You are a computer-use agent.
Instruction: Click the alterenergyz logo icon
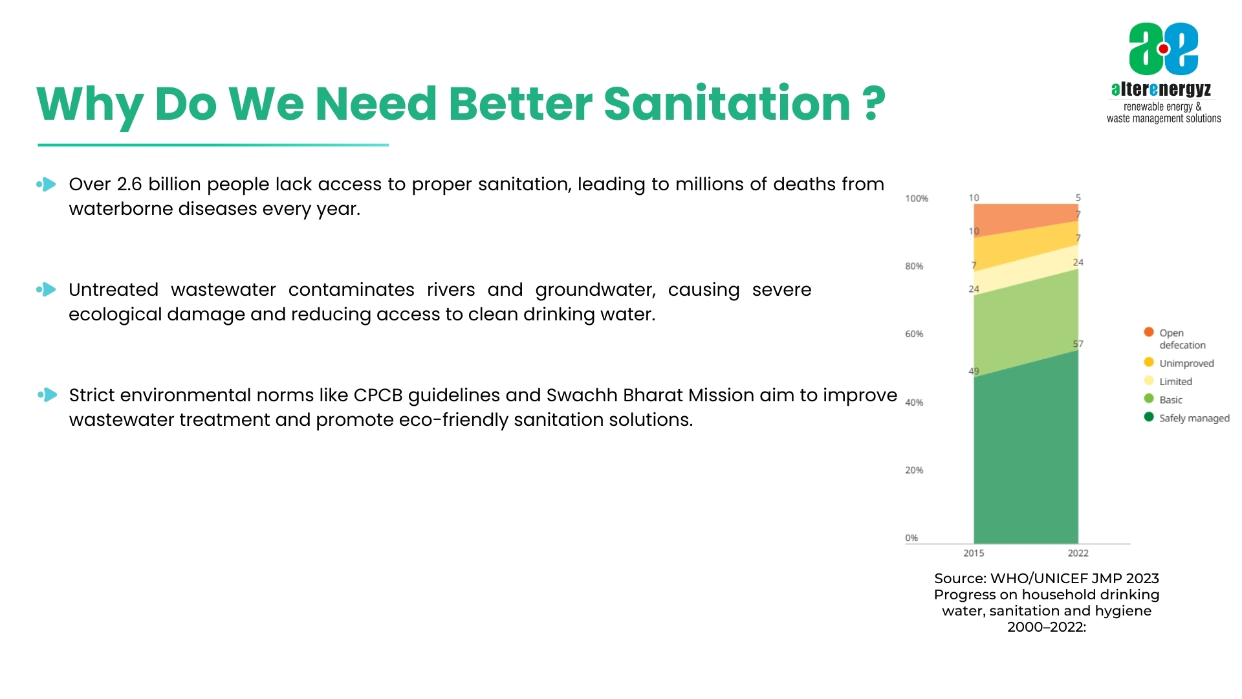1163,49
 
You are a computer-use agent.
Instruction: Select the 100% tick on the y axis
916,199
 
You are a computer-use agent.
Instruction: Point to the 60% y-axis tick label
913,334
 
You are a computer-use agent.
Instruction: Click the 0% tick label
911,538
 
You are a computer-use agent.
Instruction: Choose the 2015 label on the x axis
973,553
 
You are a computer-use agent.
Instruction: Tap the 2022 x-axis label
1078,553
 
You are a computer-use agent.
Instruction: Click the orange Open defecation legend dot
1149,332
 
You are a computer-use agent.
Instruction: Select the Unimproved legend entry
1186,363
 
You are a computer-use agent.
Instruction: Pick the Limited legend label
1175,382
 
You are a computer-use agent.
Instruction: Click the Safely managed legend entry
1193,418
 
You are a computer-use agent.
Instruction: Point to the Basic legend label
1170,400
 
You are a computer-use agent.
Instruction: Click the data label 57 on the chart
1078,344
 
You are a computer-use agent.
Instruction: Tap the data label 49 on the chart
973,372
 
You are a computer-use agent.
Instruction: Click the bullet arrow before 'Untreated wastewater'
47,290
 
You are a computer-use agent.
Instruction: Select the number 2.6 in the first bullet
129,184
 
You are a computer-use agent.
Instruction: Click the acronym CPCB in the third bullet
378,395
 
